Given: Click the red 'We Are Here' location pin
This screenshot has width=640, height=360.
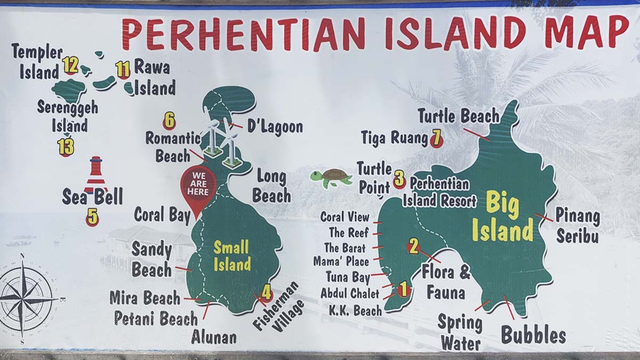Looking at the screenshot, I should click(198, 185).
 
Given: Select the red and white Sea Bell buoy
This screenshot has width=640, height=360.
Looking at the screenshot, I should click(96, 175).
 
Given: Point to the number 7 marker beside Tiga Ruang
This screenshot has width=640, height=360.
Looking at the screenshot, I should click(436, 139).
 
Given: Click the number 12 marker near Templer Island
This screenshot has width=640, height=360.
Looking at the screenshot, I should click(70, 65).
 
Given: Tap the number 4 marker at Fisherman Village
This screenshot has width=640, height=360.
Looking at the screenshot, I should click(266, 292).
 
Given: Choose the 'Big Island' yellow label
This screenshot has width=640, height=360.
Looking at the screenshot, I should click(502, 218).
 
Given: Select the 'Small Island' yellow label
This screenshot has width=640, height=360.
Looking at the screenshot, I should click(232, 255).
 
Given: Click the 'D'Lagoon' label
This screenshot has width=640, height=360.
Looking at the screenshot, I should click(275, 127).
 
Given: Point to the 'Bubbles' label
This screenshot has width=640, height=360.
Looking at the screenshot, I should click(533, 335).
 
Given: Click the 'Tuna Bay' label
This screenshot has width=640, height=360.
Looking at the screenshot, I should click(348, 277).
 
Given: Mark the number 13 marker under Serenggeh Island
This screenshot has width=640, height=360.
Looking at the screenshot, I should click(66, 147).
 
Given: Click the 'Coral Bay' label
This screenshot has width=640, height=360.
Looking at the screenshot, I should click(162, 215).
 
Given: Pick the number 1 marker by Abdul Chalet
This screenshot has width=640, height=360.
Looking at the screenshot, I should click(403, 289).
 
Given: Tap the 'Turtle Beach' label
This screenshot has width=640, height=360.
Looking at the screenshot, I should click(458, 116).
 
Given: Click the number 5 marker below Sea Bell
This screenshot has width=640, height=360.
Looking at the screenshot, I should click(92, 217).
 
